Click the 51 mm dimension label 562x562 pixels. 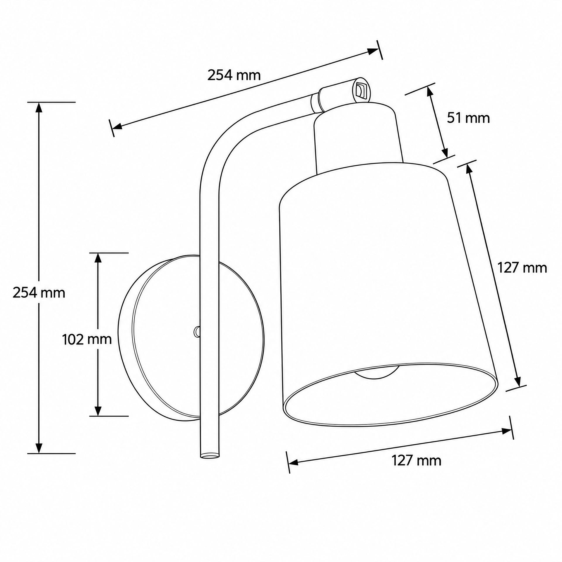[x=468, y=118]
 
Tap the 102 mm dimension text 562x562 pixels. [x=87, y=340]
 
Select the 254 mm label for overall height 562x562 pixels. [x=39, y=293]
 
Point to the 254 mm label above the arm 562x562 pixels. [x=234, y=75]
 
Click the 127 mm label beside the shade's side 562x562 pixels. [x=522, y=268]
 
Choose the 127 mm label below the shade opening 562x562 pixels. [x=417, y=460]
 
